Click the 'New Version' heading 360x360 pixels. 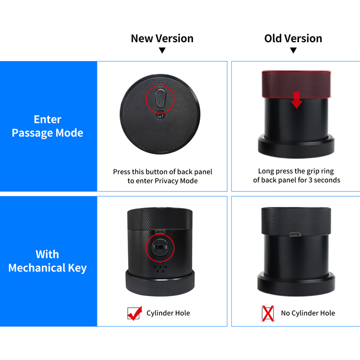[x=162, y=38]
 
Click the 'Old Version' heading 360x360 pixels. [x=293, y=38]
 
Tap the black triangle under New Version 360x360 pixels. [x=162, y=50]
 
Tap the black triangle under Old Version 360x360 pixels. [x=293, y=50]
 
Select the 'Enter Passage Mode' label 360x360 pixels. [x=48, y=126]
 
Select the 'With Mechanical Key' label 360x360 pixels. [x=48, y=261]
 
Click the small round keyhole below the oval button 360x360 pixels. [x=160, y=115]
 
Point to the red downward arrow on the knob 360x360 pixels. [x=297, y=100]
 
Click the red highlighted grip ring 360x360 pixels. [x=297, y=84]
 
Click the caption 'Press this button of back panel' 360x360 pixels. [x=163, y=172]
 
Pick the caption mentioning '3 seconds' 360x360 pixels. [x=297, y=176]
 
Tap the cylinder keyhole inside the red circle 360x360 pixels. [x=160, y=248]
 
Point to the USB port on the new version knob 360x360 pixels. [x=160, y=232]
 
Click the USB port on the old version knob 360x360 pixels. [x=295, y=234]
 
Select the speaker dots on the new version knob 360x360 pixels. [x=160, y=269]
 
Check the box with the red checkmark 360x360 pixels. [x=133, y=313]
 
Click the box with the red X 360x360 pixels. [x=268, y=313]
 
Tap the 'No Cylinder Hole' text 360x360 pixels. [x=308, y=313]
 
